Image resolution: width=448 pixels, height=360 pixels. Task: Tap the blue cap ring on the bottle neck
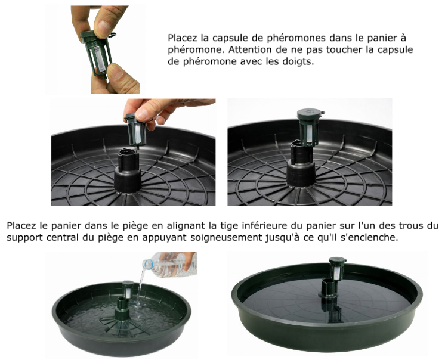147,265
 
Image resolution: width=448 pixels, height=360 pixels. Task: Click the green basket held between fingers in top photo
98,53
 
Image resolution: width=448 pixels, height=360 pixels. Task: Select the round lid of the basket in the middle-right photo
310,114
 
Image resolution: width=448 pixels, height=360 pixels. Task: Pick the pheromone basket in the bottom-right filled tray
337,268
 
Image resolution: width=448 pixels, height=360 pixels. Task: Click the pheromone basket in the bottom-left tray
128,289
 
